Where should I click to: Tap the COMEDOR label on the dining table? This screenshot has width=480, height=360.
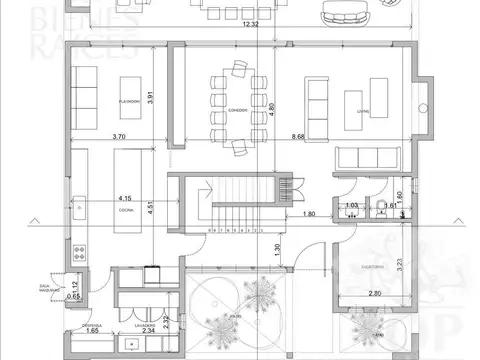pyautogui.click(x=238, y=109)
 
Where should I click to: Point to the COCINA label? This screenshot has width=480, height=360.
pyautogui.click(x=126, y=209)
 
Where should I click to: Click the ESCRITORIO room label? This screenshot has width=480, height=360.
pyautogui.click(x=375, y=267)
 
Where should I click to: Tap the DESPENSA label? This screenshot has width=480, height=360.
pyautogui.click(x=87, y=326)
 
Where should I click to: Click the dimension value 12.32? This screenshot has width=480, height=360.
pyautogui.click(x=247, y=24)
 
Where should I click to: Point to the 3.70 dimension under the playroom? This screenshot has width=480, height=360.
pyautogui.click(x=120, y=135)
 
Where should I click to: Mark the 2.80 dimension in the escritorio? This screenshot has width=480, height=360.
pyautogui.click(x=375, y=292)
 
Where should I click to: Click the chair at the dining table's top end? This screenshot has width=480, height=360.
pyautogui.click(x=240, y=67)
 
